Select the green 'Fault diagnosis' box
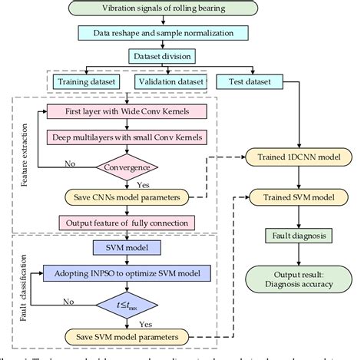click(x=295, y=235)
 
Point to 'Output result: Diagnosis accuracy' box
click(x=295, y=277)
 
